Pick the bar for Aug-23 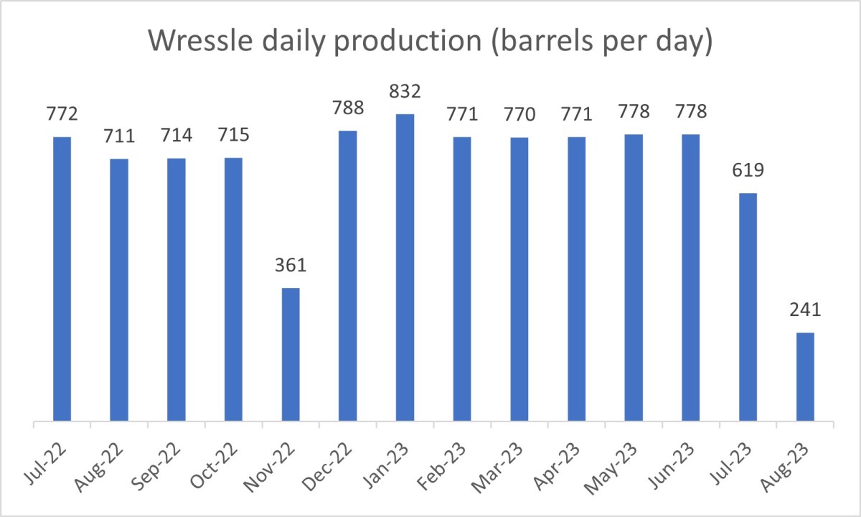805,376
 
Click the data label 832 405,92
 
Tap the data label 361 291,266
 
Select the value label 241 805,310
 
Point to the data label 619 748,171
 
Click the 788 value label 348,108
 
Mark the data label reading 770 519,115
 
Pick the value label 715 233,135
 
